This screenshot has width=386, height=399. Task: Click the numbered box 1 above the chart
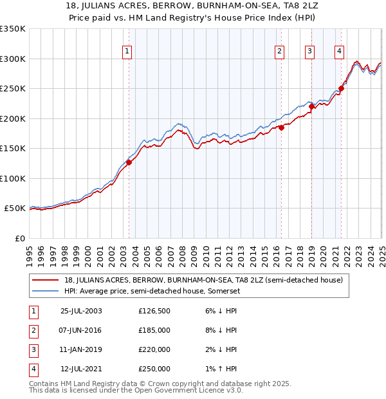tap(127, 52)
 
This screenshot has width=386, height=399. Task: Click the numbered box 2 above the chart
tap(280, 52)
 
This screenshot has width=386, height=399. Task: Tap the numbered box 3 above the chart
tap(309, 52)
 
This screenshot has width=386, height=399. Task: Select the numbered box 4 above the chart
tap(339, 52)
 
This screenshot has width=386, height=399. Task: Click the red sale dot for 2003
tap(129, 162)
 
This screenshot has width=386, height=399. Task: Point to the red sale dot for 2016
tap(282, 127)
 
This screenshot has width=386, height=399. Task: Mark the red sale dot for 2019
tap(311, 107)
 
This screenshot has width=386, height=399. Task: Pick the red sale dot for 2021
tap(341, 89)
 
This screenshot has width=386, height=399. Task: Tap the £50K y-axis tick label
tap(15, 209)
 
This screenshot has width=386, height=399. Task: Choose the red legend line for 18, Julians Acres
tap(46, 280)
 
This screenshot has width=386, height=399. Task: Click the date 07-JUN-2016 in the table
tap(81, 330)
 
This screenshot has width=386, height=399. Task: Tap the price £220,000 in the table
tap(154, 349)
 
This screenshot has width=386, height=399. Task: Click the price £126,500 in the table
tap(154, 311)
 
